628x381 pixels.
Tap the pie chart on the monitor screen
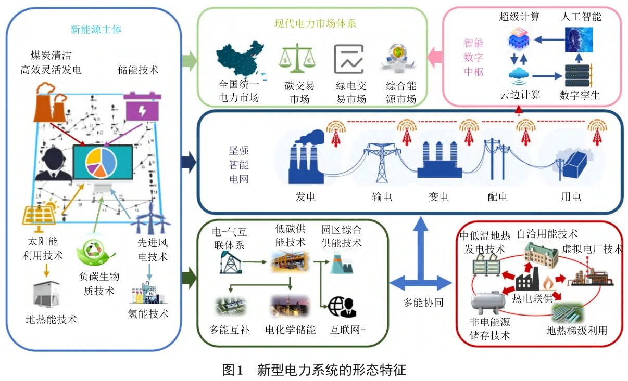click(102, 161)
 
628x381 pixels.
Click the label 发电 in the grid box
click(306, 197)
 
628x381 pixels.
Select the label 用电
click(571, 197)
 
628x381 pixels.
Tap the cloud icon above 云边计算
click(519, 76)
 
